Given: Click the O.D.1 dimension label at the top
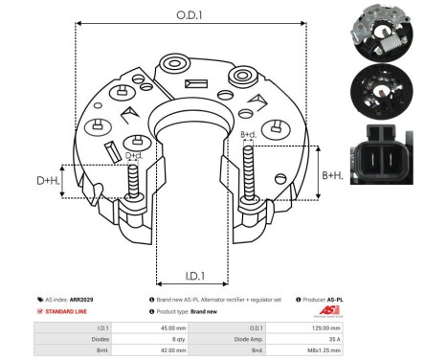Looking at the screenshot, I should pyautogui.click(x=189, y=16).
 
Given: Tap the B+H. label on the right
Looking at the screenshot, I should pyautogui.click(x=333, y=175).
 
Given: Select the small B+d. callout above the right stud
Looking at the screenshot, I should pyautogui.click(x=248, y=135).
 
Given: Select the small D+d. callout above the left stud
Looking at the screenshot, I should pyautogui.click(x=134, y=156).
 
